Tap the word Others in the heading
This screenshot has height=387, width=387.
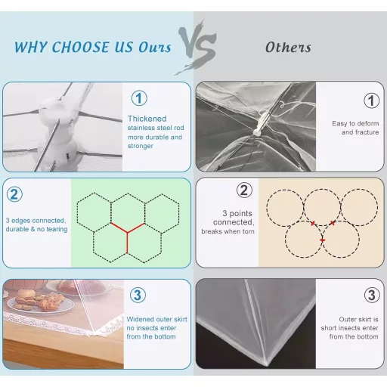pos(288,48)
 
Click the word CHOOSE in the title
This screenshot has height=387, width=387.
pos(80,47)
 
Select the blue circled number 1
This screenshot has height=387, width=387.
pos(139,98)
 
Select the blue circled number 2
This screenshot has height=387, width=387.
pos(14,194)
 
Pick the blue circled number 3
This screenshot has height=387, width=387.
pos(138,295)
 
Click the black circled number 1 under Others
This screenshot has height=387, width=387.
pos(372,101)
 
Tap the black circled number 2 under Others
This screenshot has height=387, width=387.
pos(244,190)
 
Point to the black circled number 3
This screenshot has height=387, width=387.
pos(372,295)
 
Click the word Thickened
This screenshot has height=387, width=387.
pos(147,119)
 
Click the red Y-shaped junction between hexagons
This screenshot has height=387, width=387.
pos(128,232)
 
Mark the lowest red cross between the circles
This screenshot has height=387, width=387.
pos(322,240)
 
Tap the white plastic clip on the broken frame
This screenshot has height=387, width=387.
pos(260,123)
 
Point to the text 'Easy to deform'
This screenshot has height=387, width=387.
pos(355,124)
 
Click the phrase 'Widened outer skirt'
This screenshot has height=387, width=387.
pos(157,320)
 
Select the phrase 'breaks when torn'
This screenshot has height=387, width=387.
pos(228,231)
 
